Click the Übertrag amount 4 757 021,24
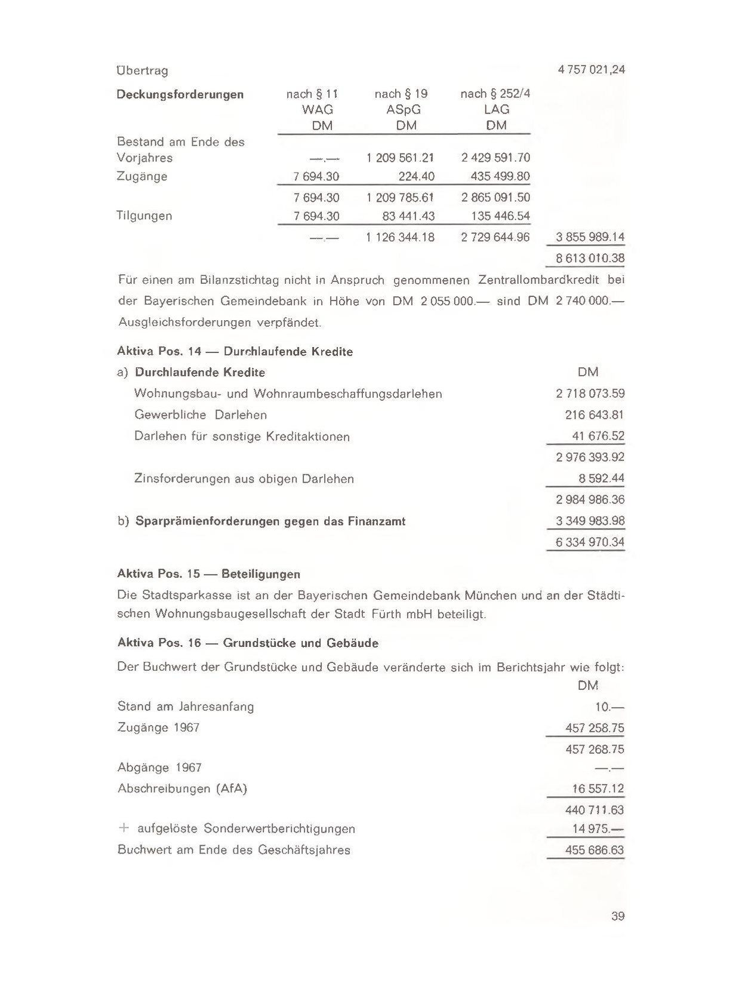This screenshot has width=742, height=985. pos(591,70)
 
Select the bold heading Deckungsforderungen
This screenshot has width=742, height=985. pos(180,94)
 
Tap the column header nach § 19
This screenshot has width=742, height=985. pos(401,94)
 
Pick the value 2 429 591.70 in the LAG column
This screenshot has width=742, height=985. pos(495,158)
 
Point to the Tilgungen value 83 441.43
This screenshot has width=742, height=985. pos(408,216)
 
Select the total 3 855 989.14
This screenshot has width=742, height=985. pos(590,237)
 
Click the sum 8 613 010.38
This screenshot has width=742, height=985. pos(590,259)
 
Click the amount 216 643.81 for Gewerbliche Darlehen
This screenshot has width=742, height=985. pos(595,415)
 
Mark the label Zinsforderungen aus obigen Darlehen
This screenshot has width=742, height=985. pos(244,478)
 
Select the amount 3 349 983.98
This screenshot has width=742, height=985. pos(590,521)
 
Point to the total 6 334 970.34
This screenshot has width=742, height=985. pos(590,542)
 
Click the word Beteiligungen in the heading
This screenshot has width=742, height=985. pos(261,574)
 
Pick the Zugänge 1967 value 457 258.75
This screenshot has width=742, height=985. pos(595,728)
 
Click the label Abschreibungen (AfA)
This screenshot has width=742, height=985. pos(182,788)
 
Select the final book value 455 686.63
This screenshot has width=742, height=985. pos(595,850)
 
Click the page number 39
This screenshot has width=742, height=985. pos(618,916)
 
